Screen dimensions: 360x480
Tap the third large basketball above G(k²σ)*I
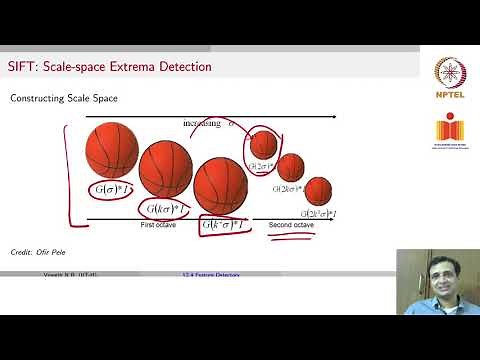click(220, 185)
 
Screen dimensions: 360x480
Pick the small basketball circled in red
click(262, 143)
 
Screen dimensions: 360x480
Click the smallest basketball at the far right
click(317, 190)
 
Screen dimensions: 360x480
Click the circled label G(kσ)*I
click(165, 209)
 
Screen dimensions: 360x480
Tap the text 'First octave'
click(162, 226)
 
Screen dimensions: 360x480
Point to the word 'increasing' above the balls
click(203, 123)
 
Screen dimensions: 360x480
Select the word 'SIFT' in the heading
click(21, 67)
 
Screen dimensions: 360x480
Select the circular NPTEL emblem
click(449, 73)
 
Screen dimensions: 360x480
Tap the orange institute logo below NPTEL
click(449, 132)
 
